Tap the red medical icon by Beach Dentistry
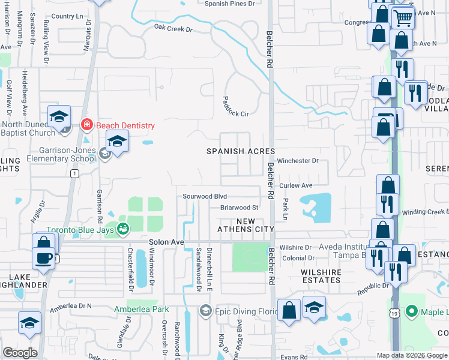coord(86,125)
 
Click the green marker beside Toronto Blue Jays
coord(123,228)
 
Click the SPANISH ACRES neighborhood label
coord(241,152)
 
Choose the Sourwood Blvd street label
coord(205,196)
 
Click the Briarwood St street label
coord(239,208)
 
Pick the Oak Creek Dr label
coord(173,28)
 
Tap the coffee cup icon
coord(43,258)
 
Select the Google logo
coord(20,353)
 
